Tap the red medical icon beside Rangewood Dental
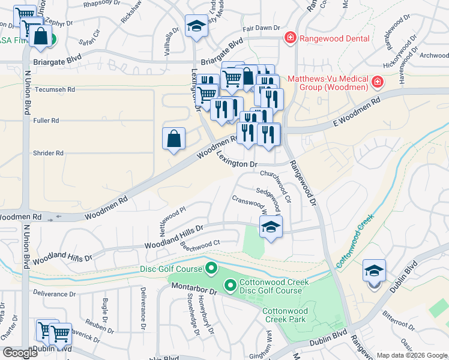click(290, 37)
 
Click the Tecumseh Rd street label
click(56, 89)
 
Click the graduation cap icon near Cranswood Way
click(271, 227)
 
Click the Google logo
click(20, 353)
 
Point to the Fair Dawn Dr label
click(261, 28)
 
